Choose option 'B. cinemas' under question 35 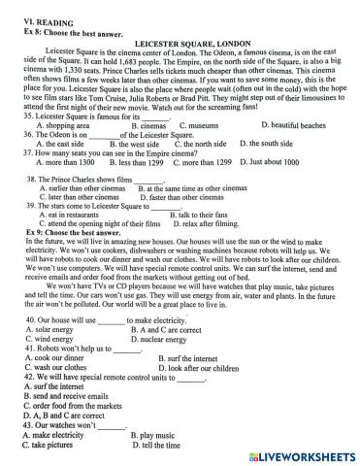pos(146,126)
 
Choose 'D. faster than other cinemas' pos(186,195)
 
